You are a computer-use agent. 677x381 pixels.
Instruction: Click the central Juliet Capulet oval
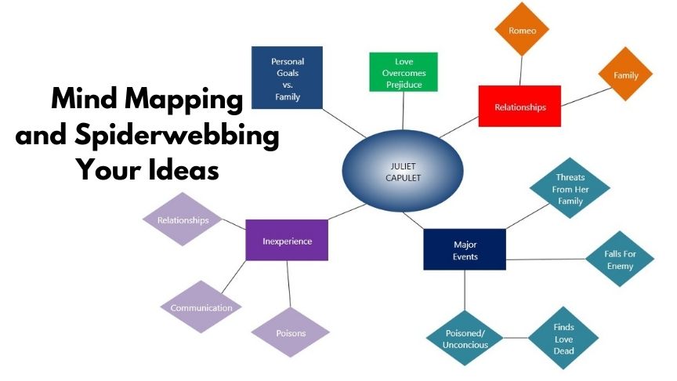(x=402, y=172)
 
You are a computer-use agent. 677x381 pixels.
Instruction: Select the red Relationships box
(x=520, y=106)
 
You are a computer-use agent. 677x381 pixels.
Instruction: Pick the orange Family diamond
(x=625, y=75)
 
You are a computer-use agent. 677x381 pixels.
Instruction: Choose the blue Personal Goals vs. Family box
(x=288, y=77)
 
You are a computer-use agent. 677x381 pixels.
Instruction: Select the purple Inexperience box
(x=286, y=241)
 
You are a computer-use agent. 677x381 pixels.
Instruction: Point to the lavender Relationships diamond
(x=183, y=220)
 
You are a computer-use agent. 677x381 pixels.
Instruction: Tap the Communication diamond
(x=201, y=307)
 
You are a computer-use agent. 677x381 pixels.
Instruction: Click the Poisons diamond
(x=291, y=332)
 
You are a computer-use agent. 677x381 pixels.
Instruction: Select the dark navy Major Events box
(x=465, y=250)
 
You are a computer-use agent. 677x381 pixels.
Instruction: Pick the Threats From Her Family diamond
(x=570, y=188)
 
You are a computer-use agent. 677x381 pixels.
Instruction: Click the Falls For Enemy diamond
(x=619, y=259)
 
